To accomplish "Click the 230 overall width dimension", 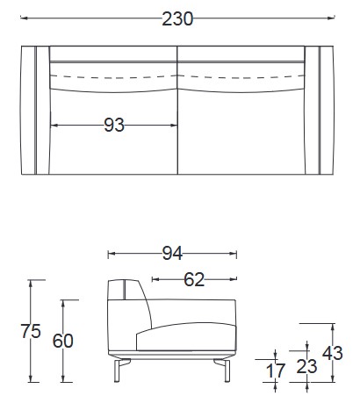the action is click(177, 18).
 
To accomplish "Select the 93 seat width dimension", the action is click(114, 126).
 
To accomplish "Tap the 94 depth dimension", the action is click(172, 254).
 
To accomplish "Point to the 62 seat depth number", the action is click(194, 279).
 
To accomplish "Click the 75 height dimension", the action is click(31, 331).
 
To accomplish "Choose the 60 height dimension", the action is click(63, 341).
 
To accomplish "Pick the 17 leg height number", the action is click(275, 371).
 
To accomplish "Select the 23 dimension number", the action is click(306, 366).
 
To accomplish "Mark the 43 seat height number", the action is click(333, 353).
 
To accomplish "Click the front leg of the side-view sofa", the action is click(227, 371).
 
